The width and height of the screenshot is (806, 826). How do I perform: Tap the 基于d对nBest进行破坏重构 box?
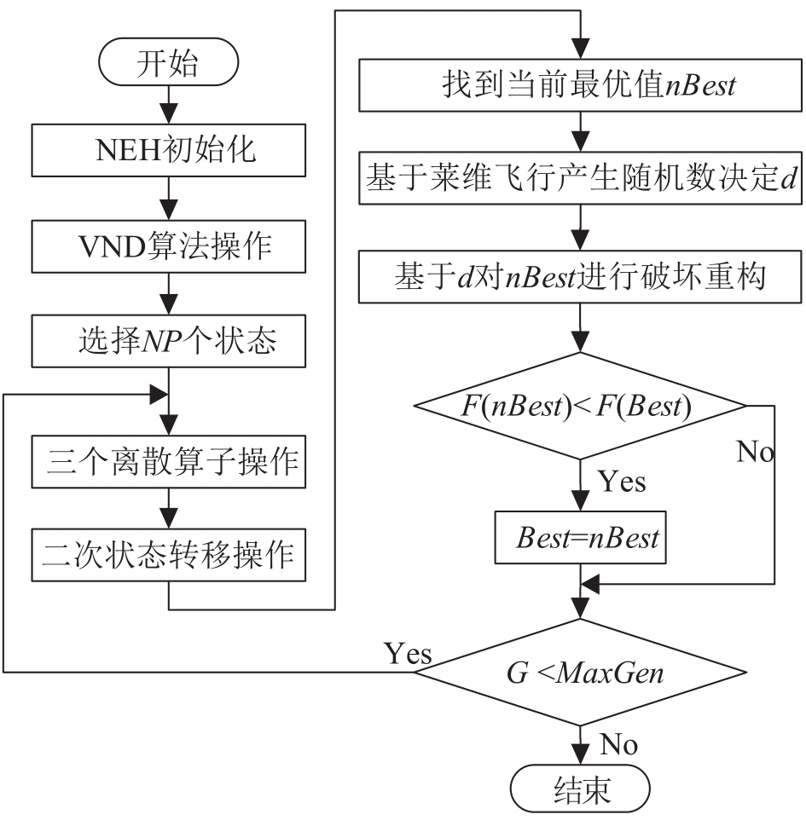click(x=580, y=278)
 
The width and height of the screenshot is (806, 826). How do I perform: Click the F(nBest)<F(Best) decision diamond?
click(x=580, y=406)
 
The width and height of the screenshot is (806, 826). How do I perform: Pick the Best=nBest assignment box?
click(x=580, y=538)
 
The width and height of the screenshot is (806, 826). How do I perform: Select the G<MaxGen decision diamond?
click(x=580, y=673)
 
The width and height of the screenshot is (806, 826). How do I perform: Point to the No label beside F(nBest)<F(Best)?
click(x=756, y=453)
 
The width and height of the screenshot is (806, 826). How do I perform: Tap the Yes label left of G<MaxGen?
click(x=408, y=654)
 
